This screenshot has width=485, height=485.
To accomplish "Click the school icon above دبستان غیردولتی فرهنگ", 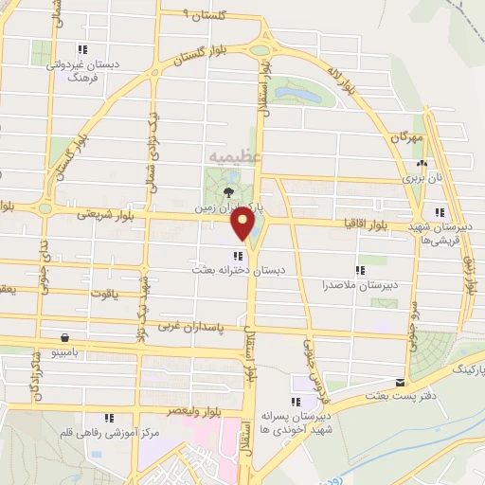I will coord(83,48).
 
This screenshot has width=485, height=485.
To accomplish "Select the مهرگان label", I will coord(404,137).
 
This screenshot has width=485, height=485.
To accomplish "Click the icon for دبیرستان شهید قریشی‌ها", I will coord(439,212).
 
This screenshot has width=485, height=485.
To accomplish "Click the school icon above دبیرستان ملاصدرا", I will coord(358,269).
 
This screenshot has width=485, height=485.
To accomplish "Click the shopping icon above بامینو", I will coord(63,337).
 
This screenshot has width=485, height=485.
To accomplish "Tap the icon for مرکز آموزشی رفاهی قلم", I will coord(110,417).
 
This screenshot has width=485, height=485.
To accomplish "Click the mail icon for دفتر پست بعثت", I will coord(402,383).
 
